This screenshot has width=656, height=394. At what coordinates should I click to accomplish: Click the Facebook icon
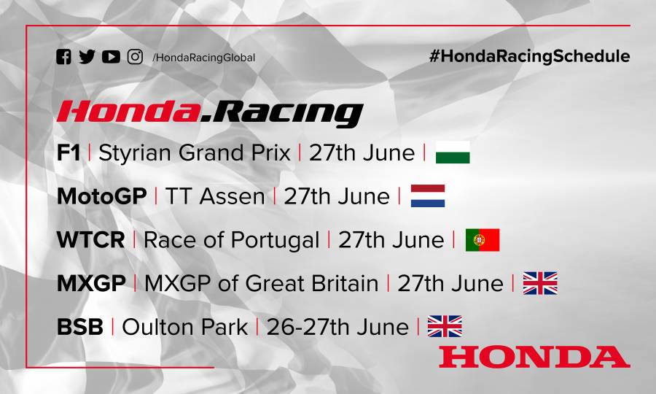coord(64,57)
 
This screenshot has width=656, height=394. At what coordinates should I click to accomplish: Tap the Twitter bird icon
coord(87,57)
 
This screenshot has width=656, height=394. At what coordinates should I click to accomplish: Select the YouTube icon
coord(111,57)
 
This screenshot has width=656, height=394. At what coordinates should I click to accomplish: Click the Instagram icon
coord(135,57)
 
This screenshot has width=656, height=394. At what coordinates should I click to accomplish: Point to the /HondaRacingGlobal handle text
coord(203,58)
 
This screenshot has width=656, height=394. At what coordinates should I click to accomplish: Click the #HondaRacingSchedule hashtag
coord(530,56)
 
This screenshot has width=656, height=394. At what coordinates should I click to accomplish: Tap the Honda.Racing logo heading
coord(209,112)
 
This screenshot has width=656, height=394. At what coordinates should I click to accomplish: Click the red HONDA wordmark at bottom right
coord(534,356)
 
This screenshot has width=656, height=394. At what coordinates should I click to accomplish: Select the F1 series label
coord(69,152)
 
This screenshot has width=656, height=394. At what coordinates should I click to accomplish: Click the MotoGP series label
coord(101,196)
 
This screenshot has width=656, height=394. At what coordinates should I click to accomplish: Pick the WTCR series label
coord(90,240)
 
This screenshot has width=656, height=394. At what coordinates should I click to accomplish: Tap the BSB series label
coord(79,327)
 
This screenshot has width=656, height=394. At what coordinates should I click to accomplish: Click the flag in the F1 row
coord(453,153)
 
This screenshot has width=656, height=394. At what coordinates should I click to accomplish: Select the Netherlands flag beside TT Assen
coord(428,196)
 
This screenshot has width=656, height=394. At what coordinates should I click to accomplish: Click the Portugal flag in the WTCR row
coord(483,240)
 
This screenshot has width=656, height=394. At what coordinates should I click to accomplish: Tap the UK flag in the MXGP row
coord(540,283)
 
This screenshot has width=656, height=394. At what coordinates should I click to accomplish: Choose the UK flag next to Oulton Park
coord(445,326)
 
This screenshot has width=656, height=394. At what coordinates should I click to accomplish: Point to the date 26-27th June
coord(337,327)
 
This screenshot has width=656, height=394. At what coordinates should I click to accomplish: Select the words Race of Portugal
coord(231,240)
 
